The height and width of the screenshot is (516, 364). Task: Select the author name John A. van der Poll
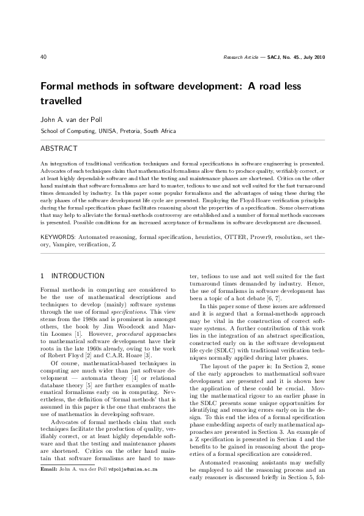pos(71,119)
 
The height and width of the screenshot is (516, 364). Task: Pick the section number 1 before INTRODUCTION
pos(42,276)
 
